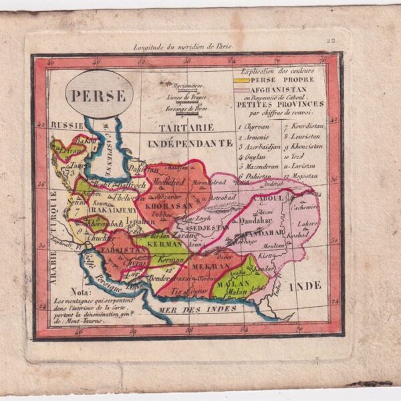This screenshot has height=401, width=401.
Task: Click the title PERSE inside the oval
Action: coord(98,96)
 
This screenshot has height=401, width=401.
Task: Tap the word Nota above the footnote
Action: coord(64,293)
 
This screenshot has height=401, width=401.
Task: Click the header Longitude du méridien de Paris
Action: coord(175,47)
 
